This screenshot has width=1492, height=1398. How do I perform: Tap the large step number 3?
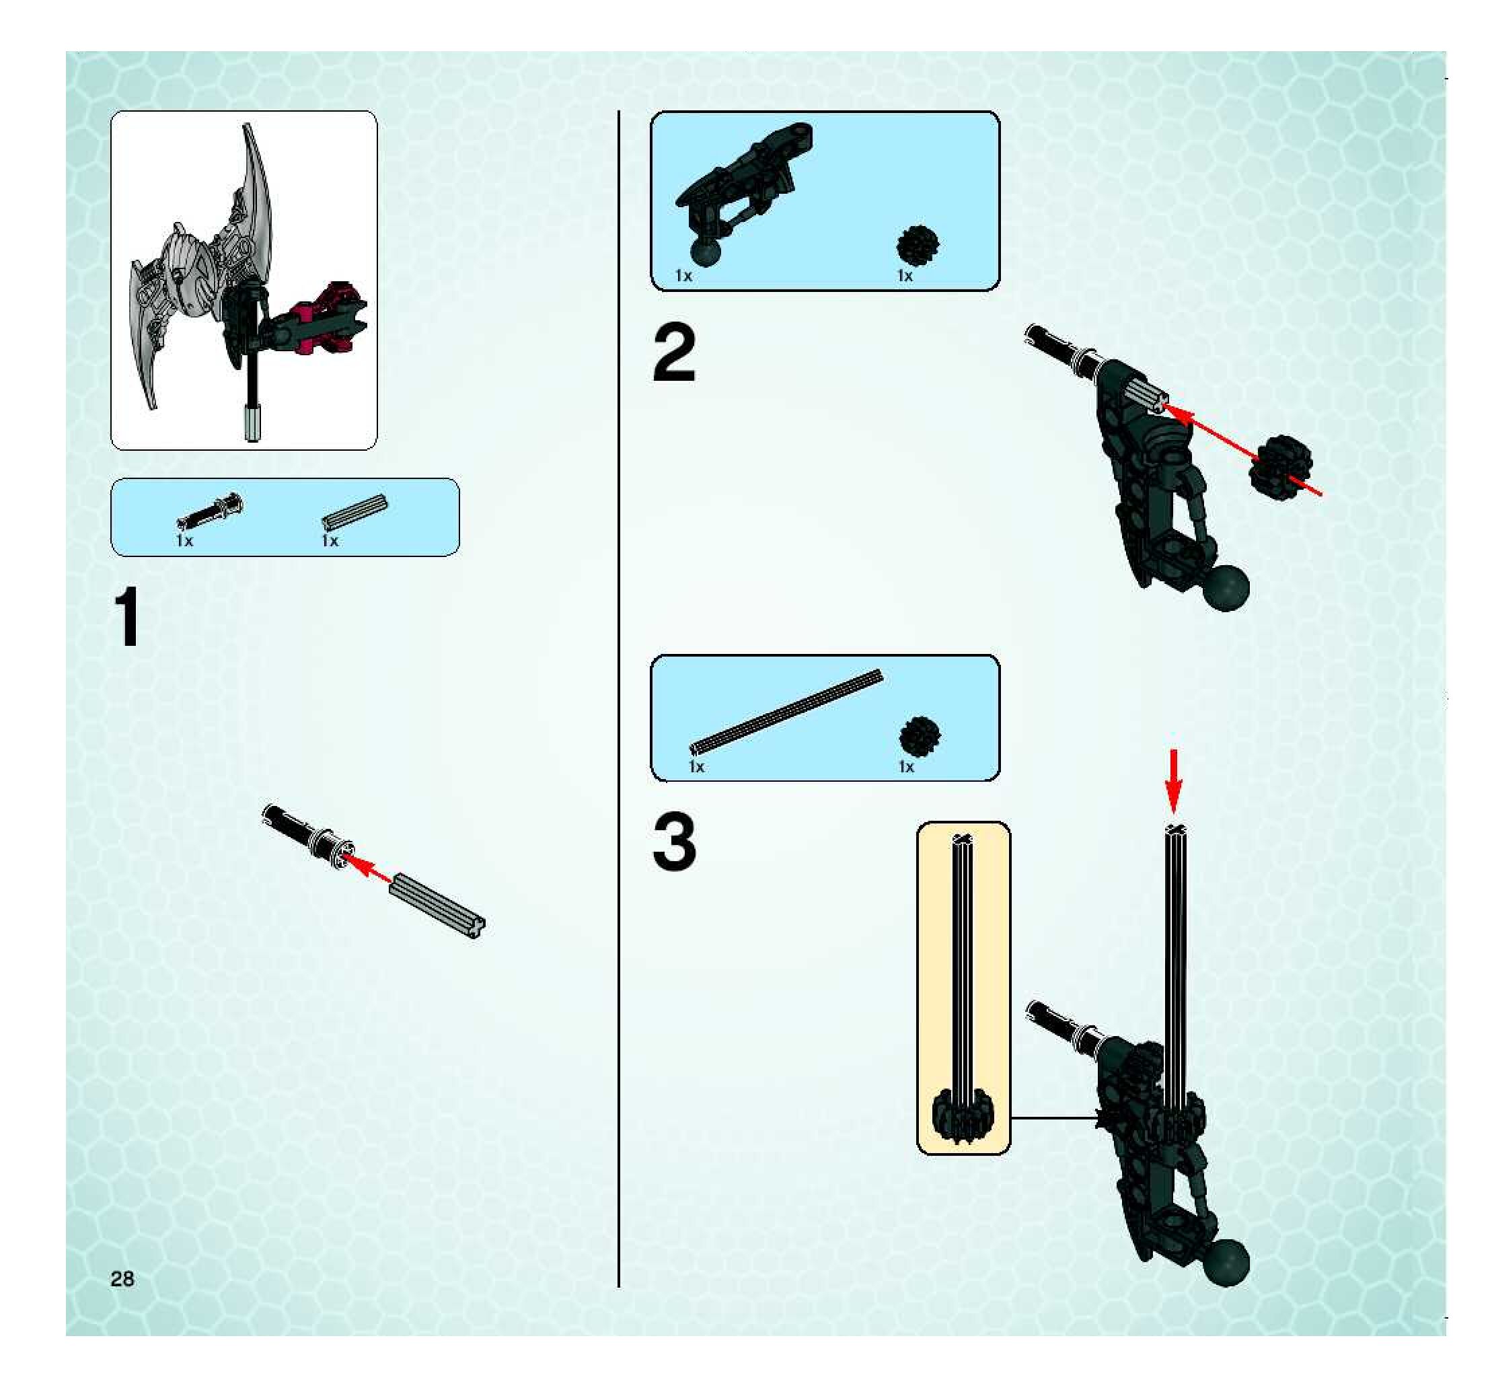tap(674, 843)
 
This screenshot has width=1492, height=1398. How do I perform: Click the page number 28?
tap(122, 1279)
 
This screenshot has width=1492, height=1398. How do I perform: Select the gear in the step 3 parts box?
tap(920, 736)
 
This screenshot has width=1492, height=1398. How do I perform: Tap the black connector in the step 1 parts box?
tap(210, 509)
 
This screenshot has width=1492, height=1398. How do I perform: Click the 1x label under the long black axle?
tap(697, 766)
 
